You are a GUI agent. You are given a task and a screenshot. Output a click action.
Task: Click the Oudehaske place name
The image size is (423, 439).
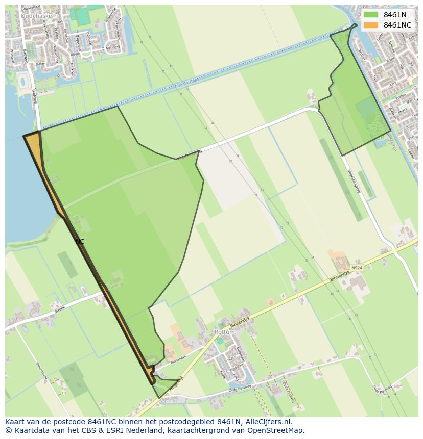point(35,16)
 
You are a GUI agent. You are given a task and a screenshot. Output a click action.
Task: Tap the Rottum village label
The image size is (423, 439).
point(225,332)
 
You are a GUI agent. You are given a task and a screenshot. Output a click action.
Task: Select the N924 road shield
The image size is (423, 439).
point(357,267)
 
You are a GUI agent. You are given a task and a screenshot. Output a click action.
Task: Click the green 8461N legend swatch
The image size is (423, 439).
point(371,15)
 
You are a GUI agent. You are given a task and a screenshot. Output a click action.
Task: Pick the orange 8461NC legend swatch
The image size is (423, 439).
point(371,25)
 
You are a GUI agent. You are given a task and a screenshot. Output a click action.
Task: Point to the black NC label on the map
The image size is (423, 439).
point(80,242)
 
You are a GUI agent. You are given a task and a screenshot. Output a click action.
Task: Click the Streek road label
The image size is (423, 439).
point(60,307)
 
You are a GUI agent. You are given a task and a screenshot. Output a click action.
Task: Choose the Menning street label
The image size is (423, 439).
point(112,46)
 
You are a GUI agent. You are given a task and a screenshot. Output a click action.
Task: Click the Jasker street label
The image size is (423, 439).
point(40,64)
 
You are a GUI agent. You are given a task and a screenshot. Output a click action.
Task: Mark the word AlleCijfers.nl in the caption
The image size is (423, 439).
point(269,422)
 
